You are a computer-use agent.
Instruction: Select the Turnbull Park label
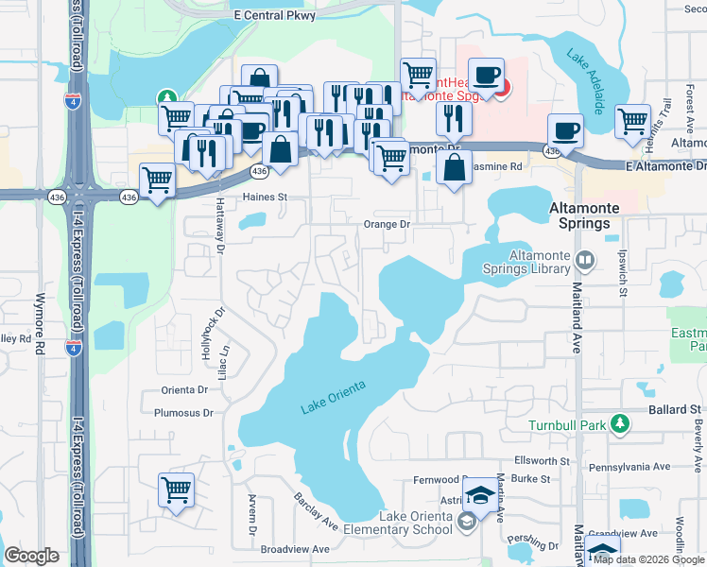point(566,424)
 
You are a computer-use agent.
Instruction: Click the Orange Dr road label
point(387,225)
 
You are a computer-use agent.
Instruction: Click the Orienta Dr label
point(184,388)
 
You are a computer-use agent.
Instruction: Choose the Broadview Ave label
point(295,549)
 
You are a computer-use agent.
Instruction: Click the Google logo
point(31,556)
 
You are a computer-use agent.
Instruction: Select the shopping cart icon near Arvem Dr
point(177,490)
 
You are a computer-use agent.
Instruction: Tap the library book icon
point(585,259)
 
